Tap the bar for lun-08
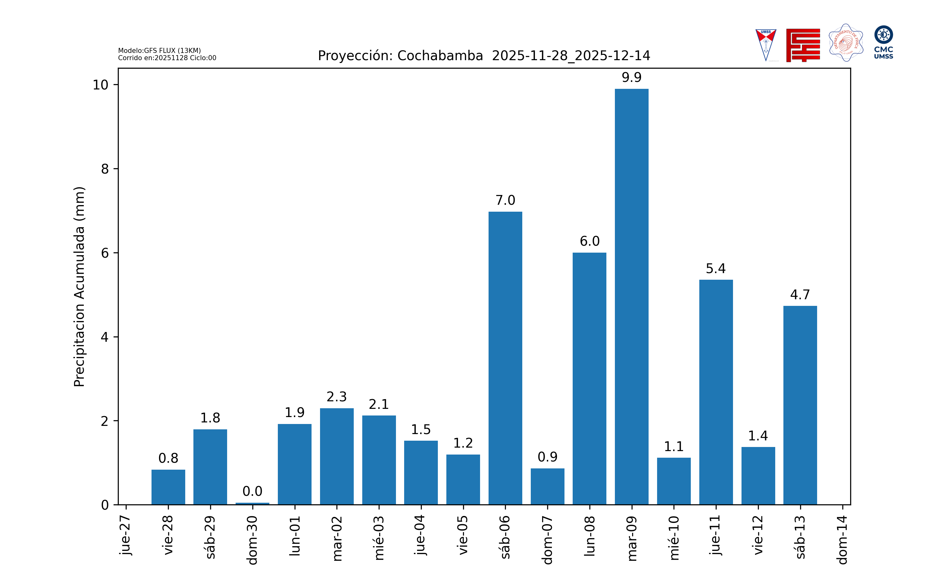pyautogui.click(x=589, y=378)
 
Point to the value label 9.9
pyautogui.click(x=631, y=77)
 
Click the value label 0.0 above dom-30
pyautogui.click(x=252, y=491)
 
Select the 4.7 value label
pyautogui.click(x=800, y=295)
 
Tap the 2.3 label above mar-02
pyautogui.click(x=336, y=397)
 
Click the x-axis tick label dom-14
pyautogui.click(x=842, y=540)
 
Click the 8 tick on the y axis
pyautogui.click(x=105, y=169)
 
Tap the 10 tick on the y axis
pyautogui.click(x=100, y=85)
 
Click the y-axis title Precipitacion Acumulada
pyautogui.click(x=79, y=287)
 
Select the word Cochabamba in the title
pyautogui.click(x=440, y=56)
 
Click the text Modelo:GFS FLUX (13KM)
pyautogui.click(x=159, y=50)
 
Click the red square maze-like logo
pyautogui.click(x=803, y=45)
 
